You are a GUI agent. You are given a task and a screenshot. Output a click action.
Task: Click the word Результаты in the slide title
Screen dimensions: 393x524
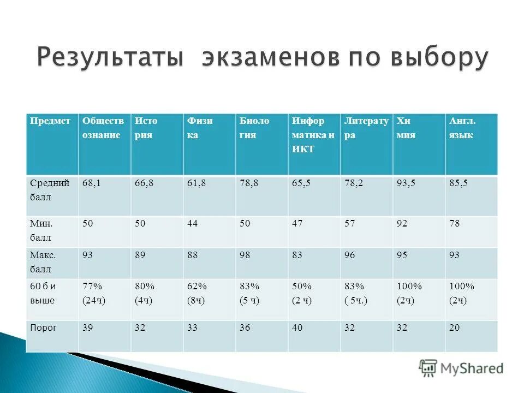(109, 58)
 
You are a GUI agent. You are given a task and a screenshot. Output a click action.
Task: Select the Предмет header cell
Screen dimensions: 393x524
(50, 121)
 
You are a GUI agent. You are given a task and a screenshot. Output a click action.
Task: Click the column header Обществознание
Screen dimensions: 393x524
(103, 128)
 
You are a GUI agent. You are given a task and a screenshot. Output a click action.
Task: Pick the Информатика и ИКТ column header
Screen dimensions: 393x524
(313, 135)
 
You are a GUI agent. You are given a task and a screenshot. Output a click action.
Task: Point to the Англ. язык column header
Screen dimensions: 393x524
(462, 128)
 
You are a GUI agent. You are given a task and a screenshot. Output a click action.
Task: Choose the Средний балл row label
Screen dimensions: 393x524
(50, 190)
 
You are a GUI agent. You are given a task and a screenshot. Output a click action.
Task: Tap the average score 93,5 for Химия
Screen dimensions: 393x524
(406, 184)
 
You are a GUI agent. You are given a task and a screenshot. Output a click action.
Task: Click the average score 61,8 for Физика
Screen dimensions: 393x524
(196, 184)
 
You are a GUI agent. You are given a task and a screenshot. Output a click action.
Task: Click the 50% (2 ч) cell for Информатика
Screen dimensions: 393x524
(301, 293)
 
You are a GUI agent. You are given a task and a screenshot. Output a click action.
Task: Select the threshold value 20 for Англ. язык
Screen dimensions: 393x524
(454, 327)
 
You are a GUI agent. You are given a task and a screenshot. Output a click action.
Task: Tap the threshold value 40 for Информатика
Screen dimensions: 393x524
(297, 327)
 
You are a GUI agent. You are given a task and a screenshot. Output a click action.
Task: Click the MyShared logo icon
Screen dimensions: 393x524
(428, 368)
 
